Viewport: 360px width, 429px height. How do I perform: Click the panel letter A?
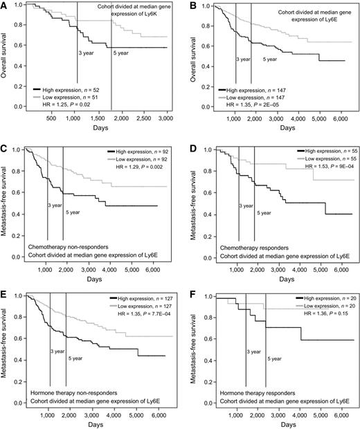pyautogui.click(x=5, y=5)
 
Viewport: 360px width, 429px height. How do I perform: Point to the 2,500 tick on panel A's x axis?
pyautogui.click(x=141, y=118)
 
